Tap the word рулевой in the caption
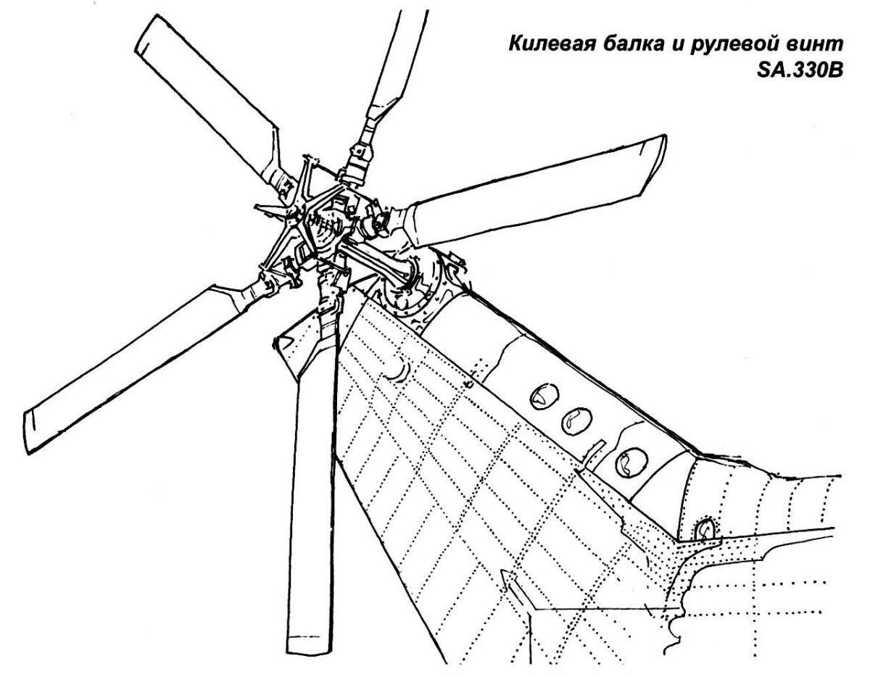pos(737,46)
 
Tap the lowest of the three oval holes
pos(630,461)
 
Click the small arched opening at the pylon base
pos(704,528)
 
